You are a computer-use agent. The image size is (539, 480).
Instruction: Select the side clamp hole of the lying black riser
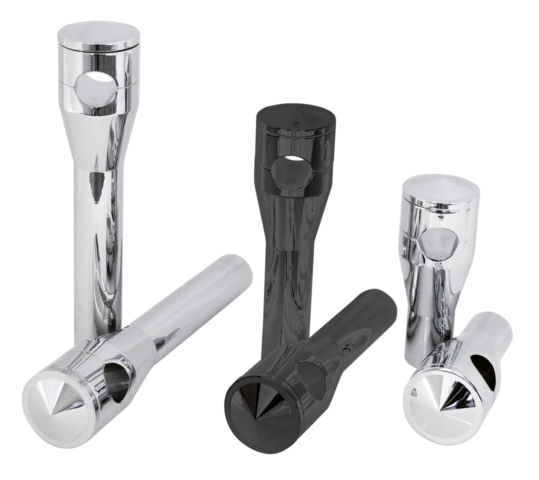(x=311, y=374)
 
